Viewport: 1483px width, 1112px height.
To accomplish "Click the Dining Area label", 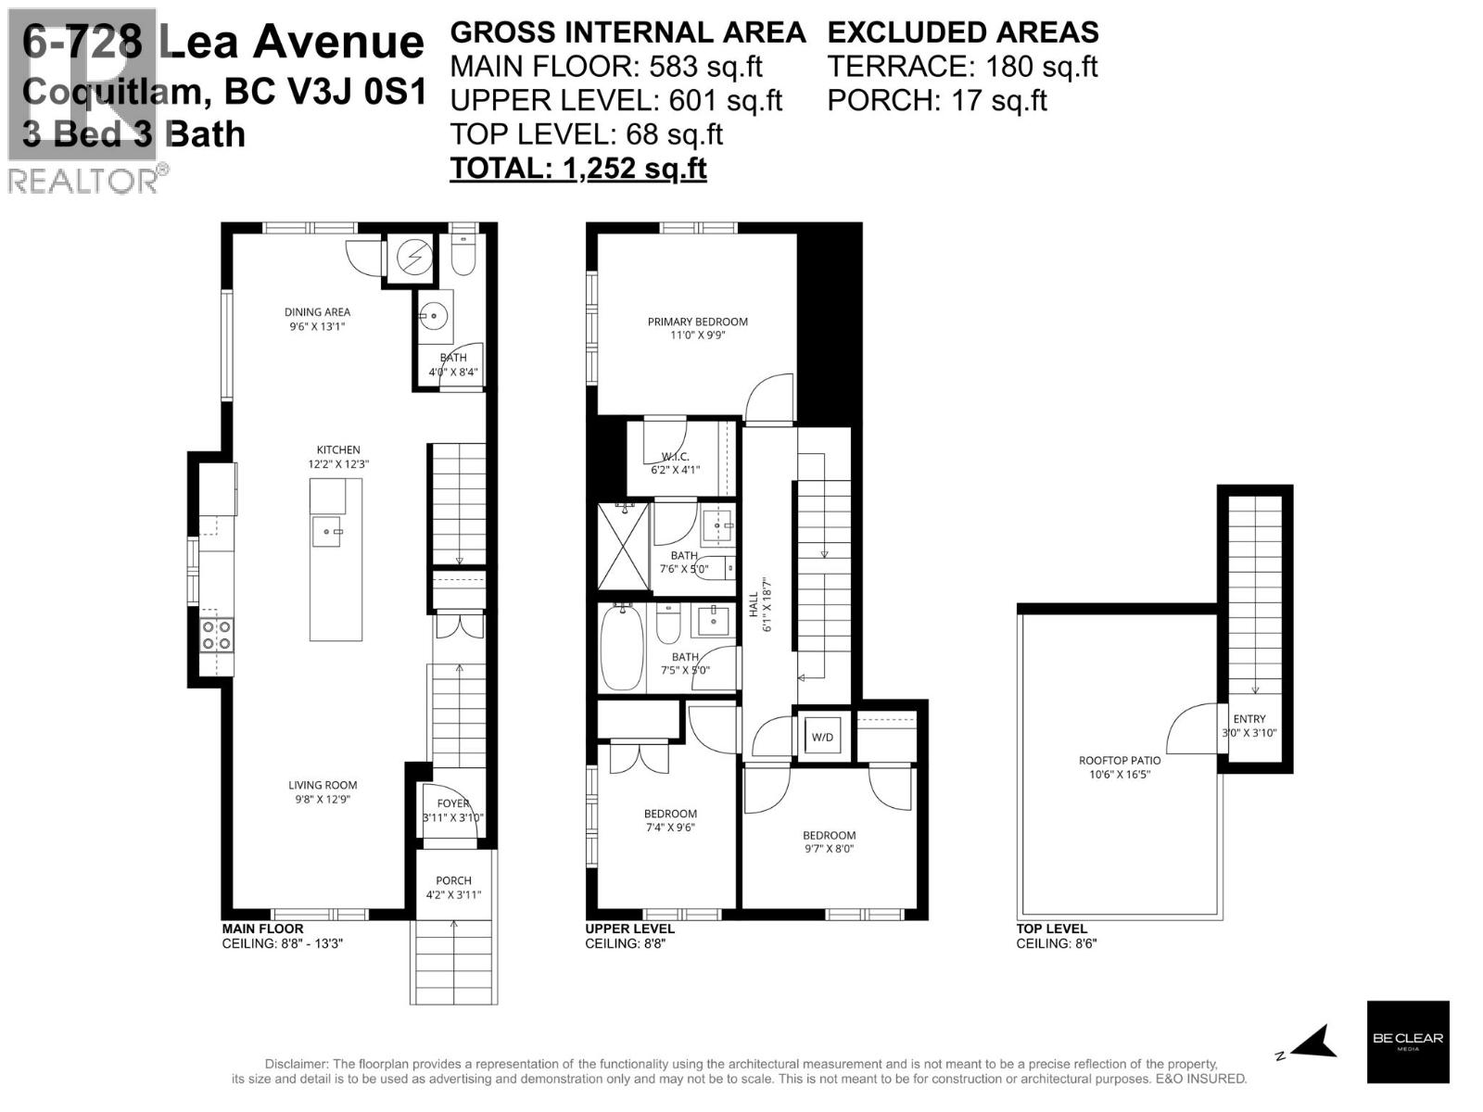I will (x=317, y=312).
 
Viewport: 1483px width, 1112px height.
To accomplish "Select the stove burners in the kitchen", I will (x=217, y=635).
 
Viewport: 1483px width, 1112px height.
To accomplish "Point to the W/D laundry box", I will (x=822, y=737).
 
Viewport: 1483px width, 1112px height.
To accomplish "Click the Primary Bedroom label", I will (x=697, y=322).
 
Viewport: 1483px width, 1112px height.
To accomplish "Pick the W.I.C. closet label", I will (x=675, y=457).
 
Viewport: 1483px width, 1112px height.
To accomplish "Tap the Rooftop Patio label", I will (x=1120, y=761).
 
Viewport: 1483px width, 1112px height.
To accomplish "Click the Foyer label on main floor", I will (x=453, y=803).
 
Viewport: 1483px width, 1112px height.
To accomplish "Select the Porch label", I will (x=453, y=880).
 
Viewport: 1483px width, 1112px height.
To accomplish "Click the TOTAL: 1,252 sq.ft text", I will (x=577, y=168).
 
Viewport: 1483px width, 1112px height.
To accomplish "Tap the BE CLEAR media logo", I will (x=1407, y=1042).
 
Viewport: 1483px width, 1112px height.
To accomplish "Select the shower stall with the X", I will (x=623, y=547).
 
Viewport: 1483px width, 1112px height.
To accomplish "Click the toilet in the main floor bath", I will (x=463, y=255).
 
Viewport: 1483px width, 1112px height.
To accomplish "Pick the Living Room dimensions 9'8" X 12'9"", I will (x=322, y=799).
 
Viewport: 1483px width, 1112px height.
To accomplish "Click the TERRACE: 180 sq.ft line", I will (x=961, y=67).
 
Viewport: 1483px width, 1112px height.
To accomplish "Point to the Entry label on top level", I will (x=1249, y=718).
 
